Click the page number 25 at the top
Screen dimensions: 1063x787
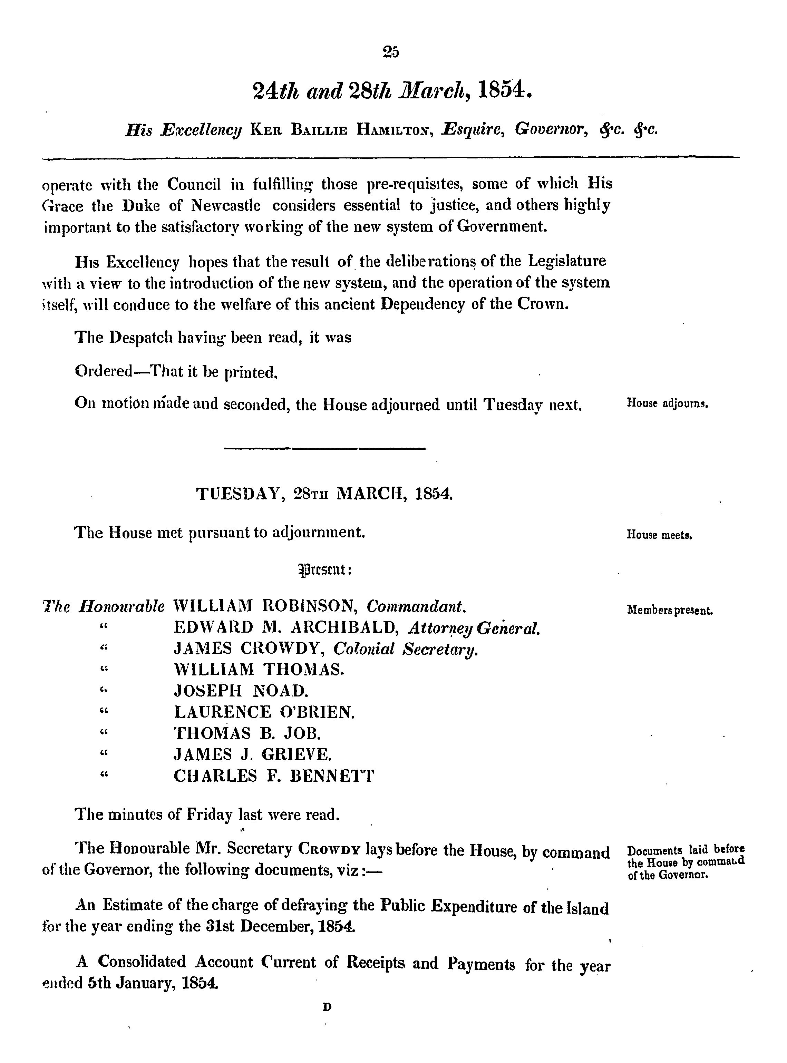pyautogui.click(x=391, y=51)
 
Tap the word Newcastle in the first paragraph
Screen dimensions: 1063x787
pyautogui.click(x=226, y=205)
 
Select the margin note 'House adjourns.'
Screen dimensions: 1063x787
pyautogui.click(x=668, y=404)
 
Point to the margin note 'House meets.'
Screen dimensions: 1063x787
pyautogui.click(x=659, y=535)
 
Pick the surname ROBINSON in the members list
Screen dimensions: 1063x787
pyautogui.click(x=310, y=606)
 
